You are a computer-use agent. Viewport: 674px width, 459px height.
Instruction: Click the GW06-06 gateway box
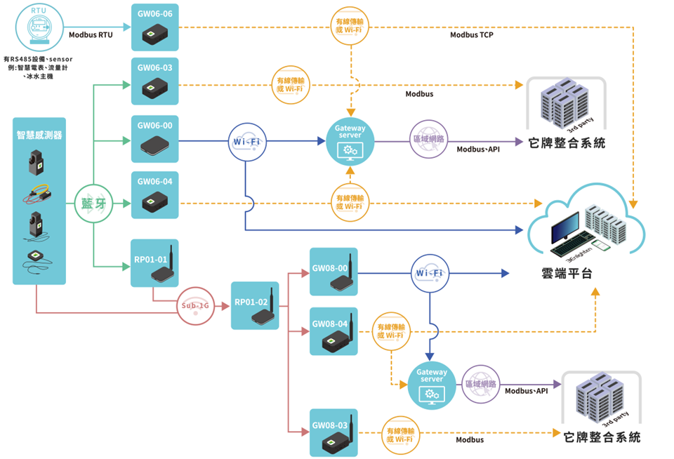(x=155, y=27)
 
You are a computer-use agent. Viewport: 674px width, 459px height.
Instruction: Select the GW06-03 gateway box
(x=155, y=81)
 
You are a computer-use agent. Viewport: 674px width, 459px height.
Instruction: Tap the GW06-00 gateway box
(x=155, y=140)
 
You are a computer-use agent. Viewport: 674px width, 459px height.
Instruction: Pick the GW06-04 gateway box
(x=155, y=194)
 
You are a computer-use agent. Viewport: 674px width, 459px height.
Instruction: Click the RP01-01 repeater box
(x=154, y=262)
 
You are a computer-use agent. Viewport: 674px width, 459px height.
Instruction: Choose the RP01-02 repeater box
(x=255, y=305)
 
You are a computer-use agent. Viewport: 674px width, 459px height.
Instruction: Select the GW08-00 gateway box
(x=333, y=272)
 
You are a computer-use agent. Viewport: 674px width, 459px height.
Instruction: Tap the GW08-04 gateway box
(x=333, y=331)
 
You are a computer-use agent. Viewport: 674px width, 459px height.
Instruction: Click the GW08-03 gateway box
(x=333, y=432)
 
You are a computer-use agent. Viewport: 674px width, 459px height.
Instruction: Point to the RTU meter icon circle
(x=38, y=27)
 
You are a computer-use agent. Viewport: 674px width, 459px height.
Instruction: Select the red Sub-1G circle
(x=195, y=306)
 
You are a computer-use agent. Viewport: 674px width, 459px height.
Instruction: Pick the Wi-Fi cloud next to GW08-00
(x=429, y=272)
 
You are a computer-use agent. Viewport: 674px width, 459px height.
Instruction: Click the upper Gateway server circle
(x=350, y=140)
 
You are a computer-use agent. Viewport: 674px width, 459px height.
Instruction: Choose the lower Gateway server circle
(x=432, y=385)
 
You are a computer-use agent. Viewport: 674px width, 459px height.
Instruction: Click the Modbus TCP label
(x=472, y=35)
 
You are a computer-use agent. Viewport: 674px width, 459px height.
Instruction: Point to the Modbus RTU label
(x=91, y=35)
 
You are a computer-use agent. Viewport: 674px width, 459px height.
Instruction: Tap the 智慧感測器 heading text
(x=39, y=135)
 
